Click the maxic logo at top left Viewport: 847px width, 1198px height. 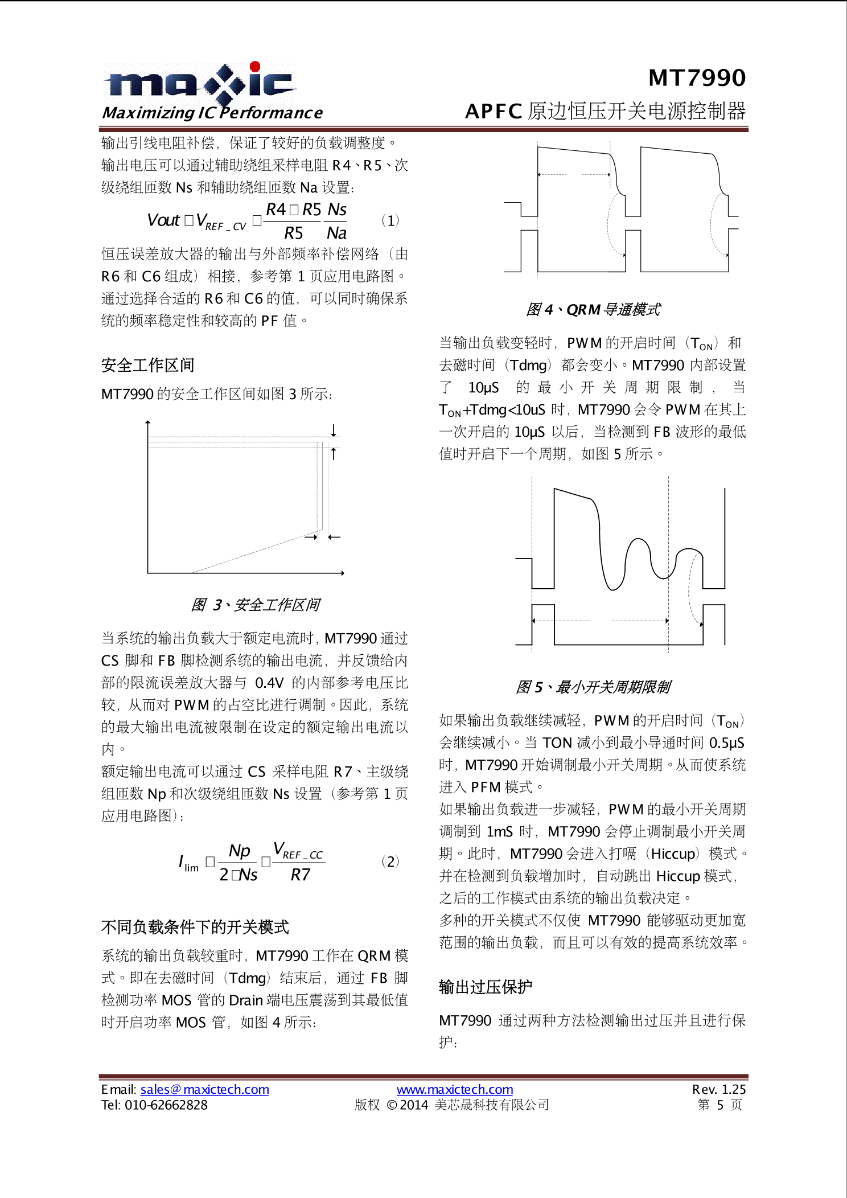tap(199, 84)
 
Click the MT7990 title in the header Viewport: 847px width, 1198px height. tap(697, 78)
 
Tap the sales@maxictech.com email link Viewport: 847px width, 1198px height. tap(204, 1089)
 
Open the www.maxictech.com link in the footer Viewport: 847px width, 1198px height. tap(455, 1089)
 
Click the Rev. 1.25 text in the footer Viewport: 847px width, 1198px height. tap(718, 1089)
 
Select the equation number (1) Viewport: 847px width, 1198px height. tap(390, 220)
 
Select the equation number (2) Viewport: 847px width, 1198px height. tap(390, 861)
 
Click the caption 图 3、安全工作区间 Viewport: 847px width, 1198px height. tap(256, 605)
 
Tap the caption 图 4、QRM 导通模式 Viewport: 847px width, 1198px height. tap(593, 310)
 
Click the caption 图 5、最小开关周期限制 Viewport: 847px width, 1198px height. tap(593, 687)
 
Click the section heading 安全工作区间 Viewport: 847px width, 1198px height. tap(147, 366)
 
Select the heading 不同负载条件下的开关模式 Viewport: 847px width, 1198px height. tap(195, 928)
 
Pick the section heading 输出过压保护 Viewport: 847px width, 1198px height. tap(486, 987)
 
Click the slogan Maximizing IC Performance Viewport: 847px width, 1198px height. tap(212, 113)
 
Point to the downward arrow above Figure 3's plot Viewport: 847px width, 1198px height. tap(334, 430)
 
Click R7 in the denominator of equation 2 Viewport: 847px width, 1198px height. tap(300, 875)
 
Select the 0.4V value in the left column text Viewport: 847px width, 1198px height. tap(269, 683)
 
